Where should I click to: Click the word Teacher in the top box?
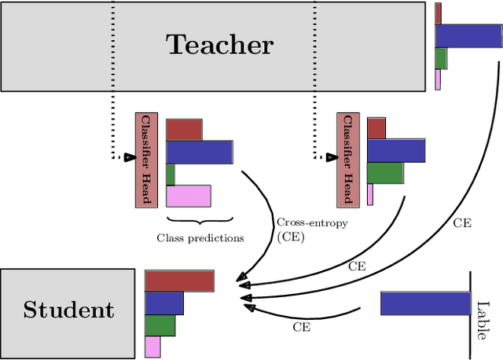pyautogui.click(x=219, y=45)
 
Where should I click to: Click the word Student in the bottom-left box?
pyautogui.click(x=68, y=310)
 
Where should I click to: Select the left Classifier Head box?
pyautogui.click(x=146, y=160)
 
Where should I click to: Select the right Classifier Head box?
pyautogui.click(x=347, y=160)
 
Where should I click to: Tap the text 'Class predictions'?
pyautogui.click(x=200, y=237)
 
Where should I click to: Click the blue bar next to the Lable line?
pyautogui.click(x=425, y=303)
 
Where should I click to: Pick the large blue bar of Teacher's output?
pyautogui.click(x=468, y=36)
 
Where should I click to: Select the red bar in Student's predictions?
pyautogui.click(x=179, y=281)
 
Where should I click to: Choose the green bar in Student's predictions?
pyautogui.click(x=160, y=325)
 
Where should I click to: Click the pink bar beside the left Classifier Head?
pyautogui.click(x=189, y=196)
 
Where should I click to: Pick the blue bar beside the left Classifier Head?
pyautogui.click(x=199, y=152)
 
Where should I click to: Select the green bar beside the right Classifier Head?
pyautogui.click(x=384, y=173)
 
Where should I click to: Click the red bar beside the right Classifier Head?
pyautogui.click(x=376, y=128)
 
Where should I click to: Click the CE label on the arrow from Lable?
pyautogui.click(x=301, y=325)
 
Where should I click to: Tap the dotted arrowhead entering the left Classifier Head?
pyautogui.click(x=130, y=157)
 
